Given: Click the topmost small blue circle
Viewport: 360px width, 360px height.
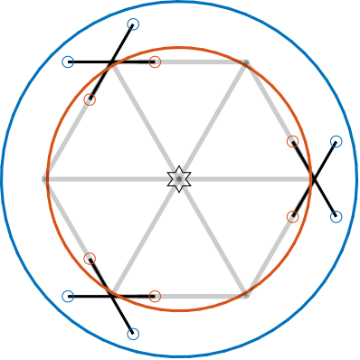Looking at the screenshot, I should [x=133, y=24].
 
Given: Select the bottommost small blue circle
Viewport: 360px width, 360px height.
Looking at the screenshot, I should [x=133, y=334].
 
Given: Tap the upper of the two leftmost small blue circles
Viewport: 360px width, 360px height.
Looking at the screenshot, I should [x=68, y=62].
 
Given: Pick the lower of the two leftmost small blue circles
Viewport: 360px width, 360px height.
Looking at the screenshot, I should [x=68, y=296].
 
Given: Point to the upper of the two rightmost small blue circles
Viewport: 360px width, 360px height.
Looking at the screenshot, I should [x=336, y=141].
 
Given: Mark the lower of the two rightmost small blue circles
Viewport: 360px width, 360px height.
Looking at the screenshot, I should [x=336, y=216].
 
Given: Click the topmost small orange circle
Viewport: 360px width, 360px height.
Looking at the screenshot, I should [x=155, y=62].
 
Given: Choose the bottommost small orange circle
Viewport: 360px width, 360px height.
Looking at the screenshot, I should [x=155, y=296].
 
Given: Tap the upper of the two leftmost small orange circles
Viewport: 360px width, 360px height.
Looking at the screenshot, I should [x=90, y=99].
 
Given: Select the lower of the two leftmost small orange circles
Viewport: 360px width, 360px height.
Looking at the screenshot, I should [x=90, y=259].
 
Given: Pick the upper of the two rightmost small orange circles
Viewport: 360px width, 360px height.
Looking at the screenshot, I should [x=293, y=141].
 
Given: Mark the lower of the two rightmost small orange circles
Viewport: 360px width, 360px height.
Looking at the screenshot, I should [x=293, y=216].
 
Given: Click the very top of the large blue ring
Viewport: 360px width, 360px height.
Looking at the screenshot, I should [x=180, y=2].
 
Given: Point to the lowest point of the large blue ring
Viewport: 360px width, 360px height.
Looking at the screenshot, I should [x=180, y=356].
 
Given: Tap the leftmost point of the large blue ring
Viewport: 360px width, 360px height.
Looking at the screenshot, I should [x=3, y=179].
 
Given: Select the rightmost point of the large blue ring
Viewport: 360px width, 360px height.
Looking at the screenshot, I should [x=357, y=179].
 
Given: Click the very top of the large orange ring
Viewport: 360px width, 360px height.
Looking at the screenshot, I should [x=180, y=47].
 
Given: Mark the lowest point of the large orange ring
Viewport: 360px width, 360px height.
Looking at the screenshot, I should [x=180, y=311].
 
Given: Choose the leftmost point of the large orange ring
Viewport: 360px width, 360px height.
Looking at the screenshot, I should [x=48, y=179].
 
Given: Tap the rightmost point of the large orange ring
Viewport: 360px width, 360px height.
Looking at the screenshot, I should [x=312, y=179].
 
